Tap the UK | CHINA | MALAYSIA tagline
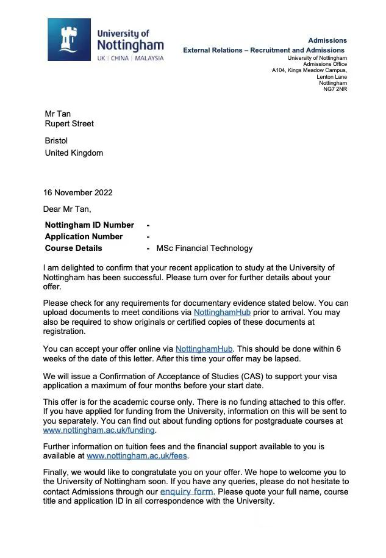click(130, 58)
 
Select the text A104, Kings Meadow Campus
click(309, 70)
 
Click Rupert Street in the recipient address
click(70, 123)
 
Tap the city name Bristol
click(57, 141)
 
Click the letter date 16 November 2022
click(77, 192)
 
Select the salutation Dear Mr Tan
click(67, 209)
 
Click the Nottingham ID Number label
click(89, 225)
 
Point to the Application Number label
click(84, 236)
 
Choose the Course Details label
click(74, 248)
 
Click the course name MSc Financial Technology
click(204, 248)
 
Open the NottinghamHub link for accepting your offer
click(204, 348)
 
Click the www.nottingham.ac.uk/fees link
click(138, 455)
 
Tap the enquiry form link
click(187, 491)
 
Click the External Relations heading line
click(263, 50)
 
